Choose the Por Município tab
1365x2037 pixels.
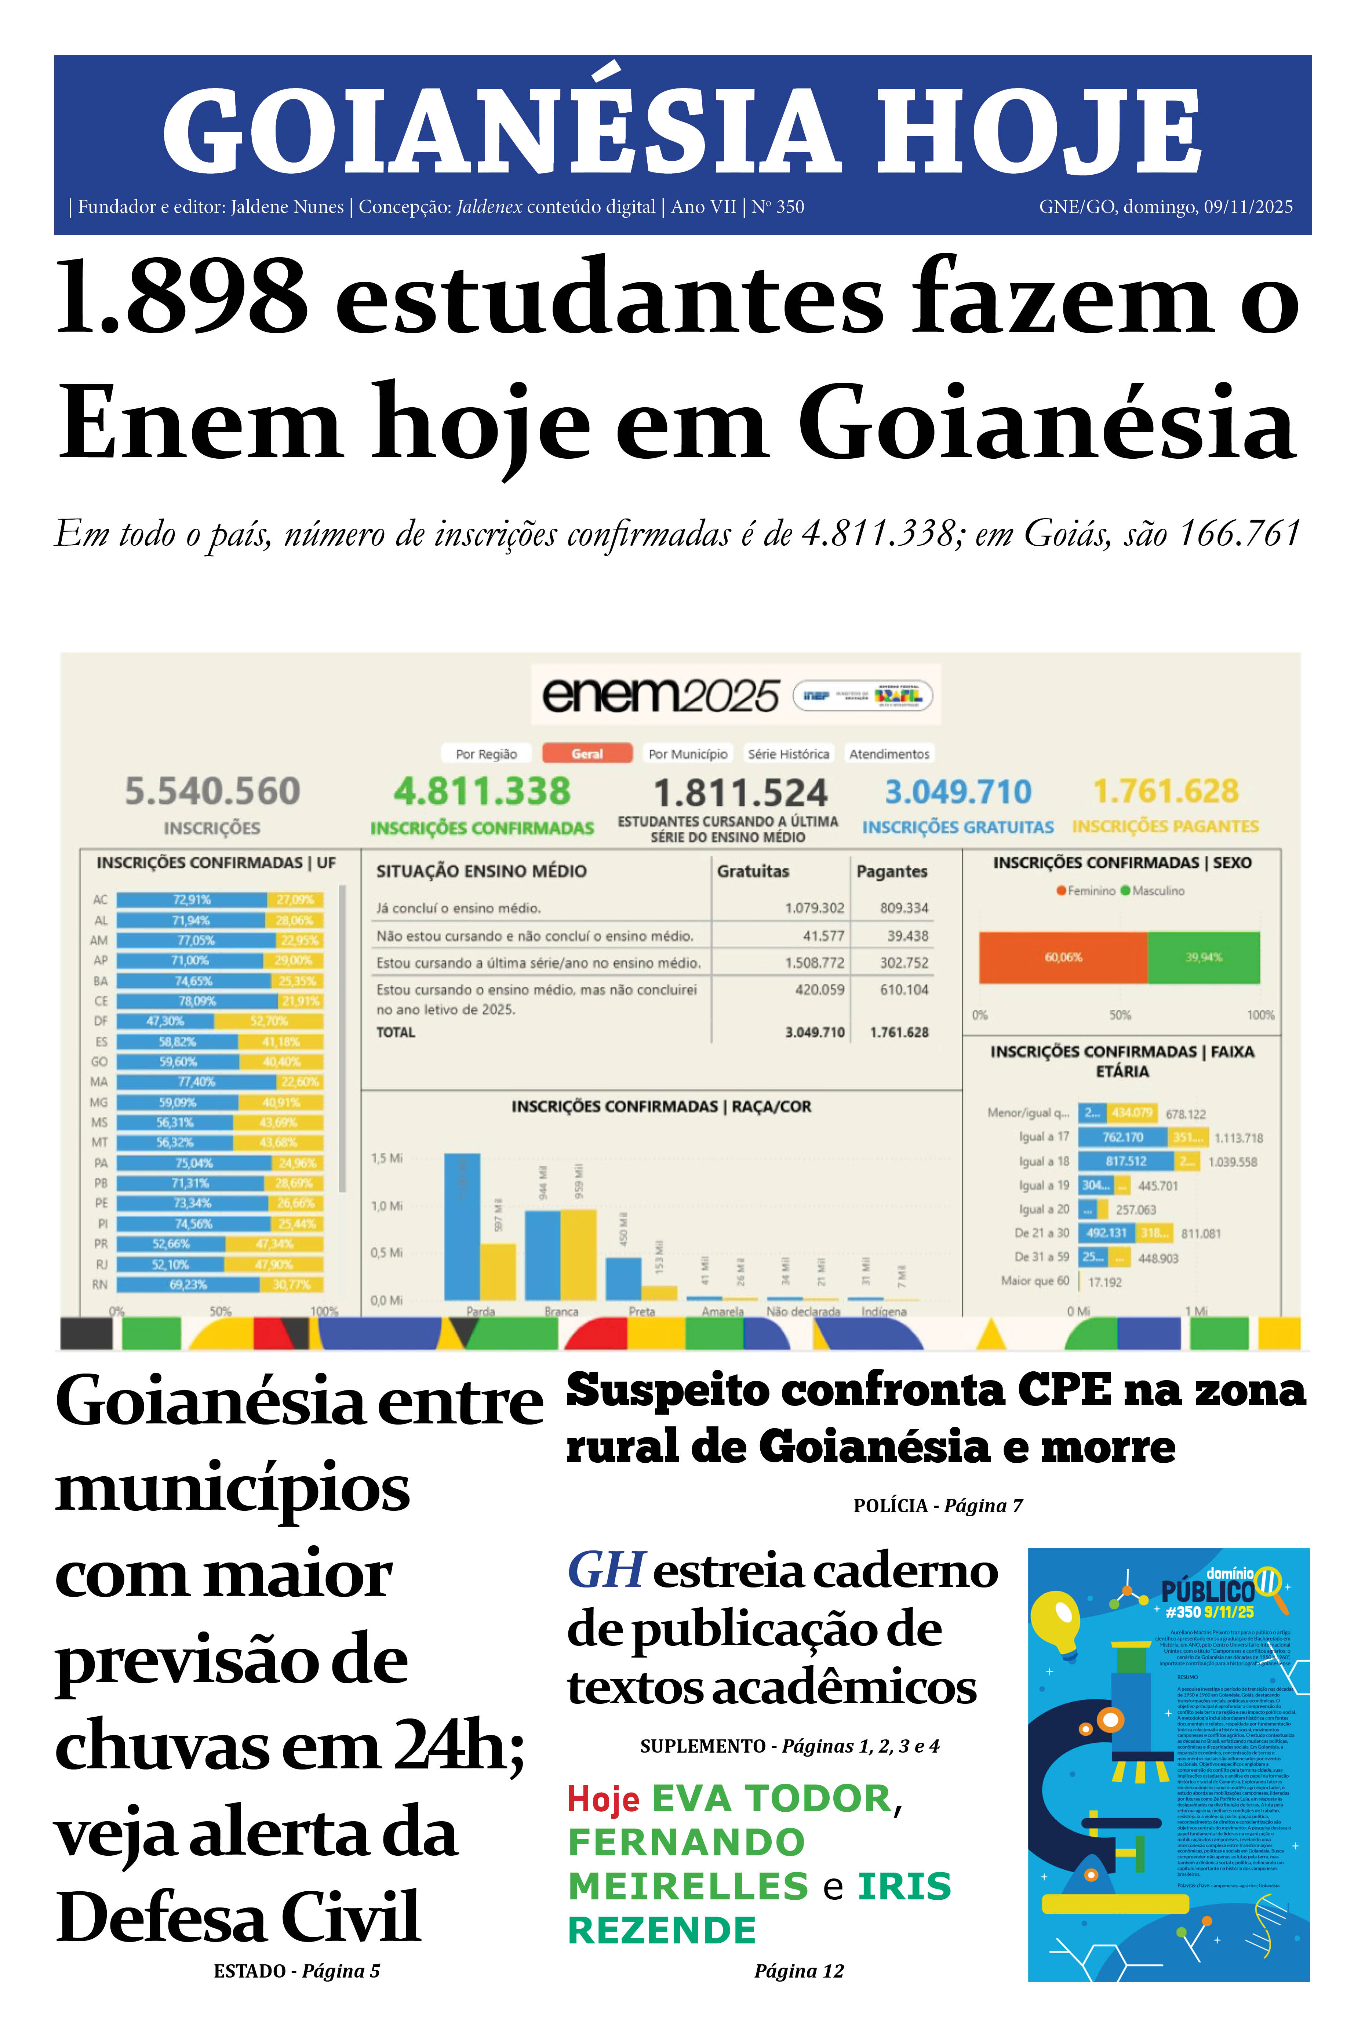(688, 754)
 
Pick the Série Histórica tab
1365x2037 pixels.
(788, 754)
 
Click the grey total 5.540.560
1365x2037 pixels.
(212, 791)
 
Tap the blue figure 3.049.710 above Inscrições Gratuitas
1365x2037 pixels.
(958, 791)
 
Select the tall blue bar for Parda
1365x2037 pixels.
(461, 1226)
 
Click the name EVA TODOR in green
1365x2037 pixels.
(771, 1798)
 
